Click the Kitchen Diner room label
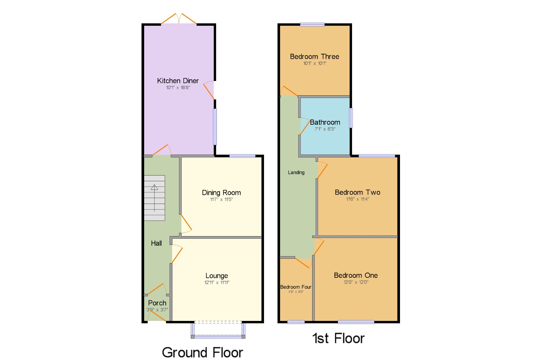click(178, 81)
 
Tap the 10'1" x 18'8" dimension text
click(178, 87)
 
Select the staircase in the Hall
click(154, 198)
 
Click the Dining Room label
click(221, 193)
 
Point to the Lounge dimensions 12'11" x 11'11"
click(217, 282)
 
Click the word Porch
click(157, 303)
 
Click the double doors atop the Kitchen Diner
click(179, 19)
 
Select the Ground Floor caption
click(202, 352)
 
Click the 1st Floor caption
click(338, 338)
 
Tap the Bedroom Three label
click(314, 57)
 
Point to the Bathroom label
click(325, 122)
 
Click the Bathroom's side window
click(351, 118)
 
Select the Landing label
click(296, 173)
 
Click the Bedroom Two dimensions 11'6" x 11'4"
click(357, 199)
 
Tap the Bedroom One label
click(356, 275)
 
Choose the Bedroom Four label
click(296, 287)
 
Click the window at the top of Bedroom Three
click(312, 25)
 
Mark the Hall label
click(156, 243)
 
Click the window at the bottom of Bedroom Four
click(296, 322)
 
